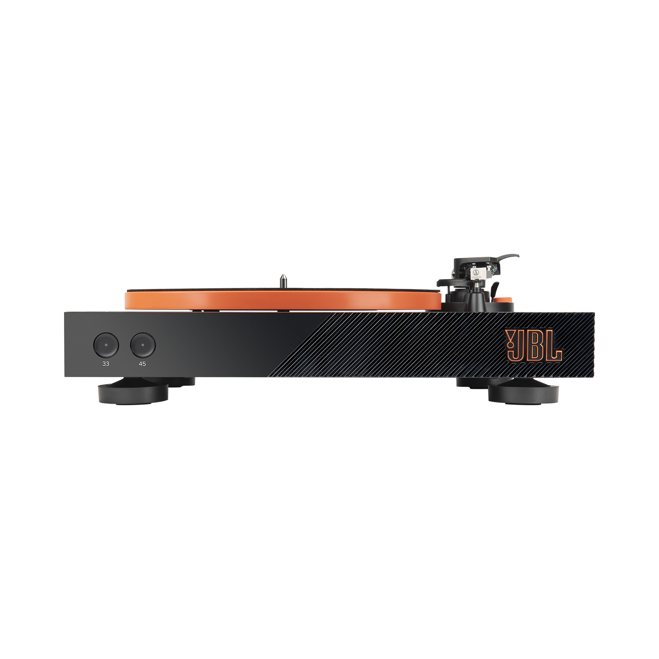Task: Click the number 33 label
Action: tap(106, 364)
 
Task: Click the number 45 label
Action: tap(142, 364)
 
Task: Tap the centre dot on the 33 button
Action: tap(106, 345)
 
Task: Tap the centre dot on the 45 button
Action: tap(143, 345)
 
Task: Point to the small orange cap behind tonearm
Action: tap(502, 300)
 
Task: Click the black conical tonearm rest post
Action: tap(476, 297)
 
